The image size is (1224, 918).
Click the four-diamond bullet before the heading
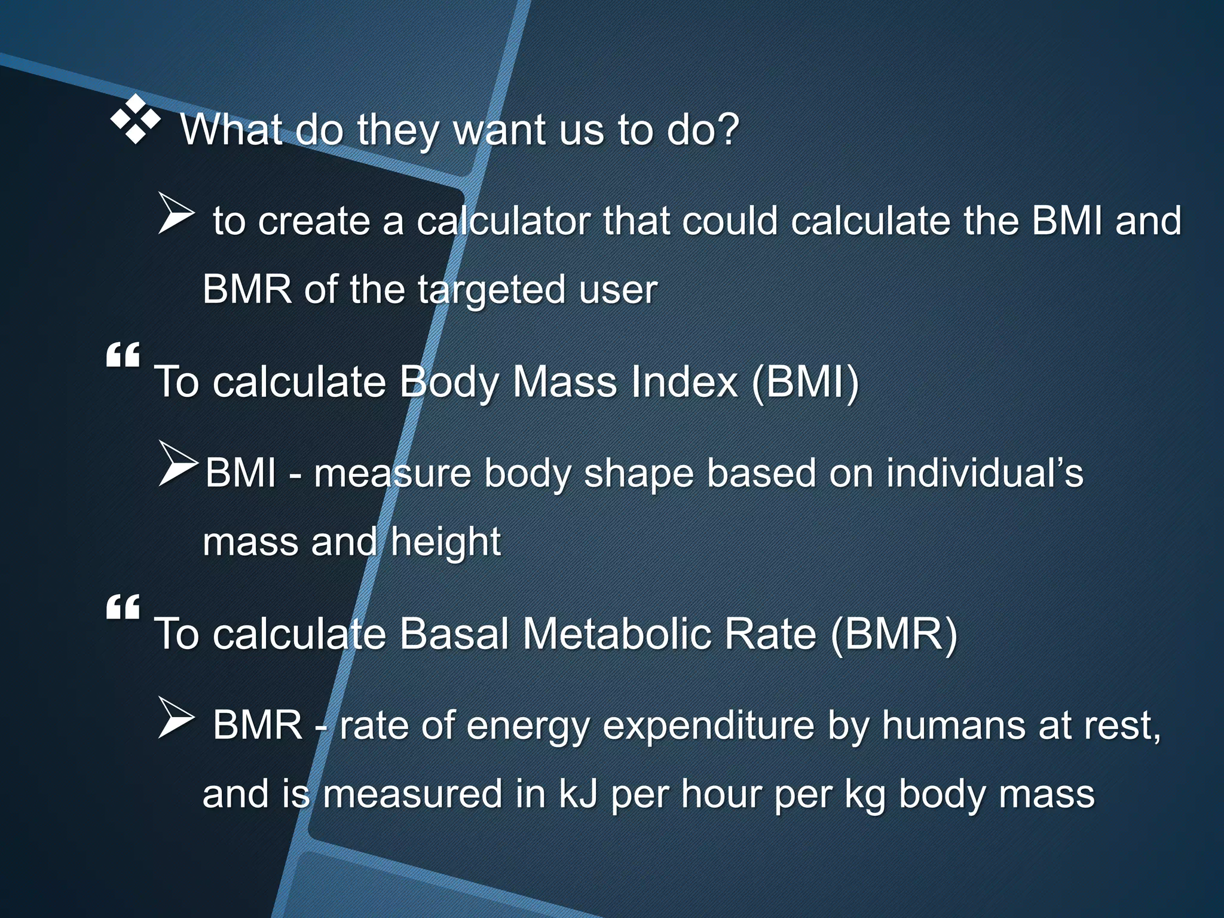click(136, 120)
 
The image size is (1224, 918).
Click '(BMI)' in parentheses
click(805, 382)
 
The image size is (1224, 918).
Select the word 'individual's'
click(984, 473)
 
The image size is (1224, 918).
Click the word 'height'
click(445, 543)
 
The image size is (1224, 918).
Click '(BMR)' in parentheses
click(893, 634)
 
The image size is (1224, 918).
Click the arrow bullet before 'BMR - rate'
click(176, 717)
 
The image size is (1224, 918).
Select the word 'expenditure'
click(708, 726)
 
